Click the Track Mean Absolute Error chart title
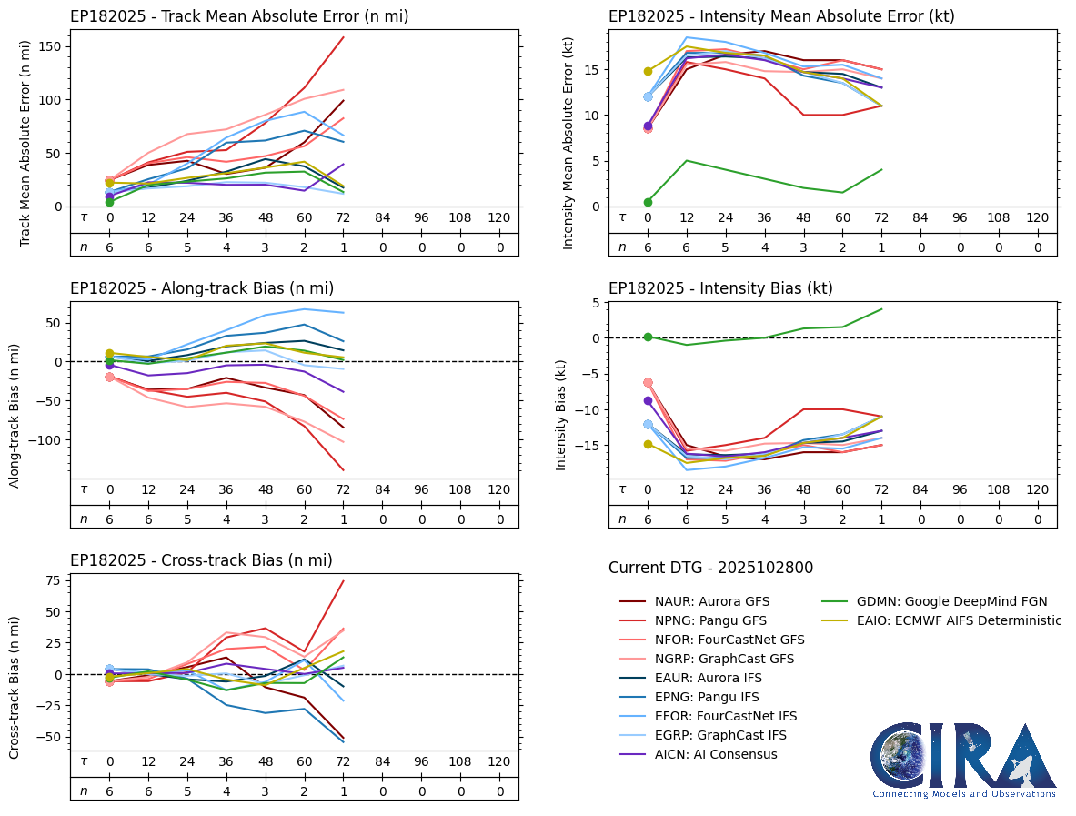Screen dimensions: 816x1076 tap(239, 16)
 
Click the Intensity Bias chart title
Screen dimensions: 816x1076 tap(720, 288)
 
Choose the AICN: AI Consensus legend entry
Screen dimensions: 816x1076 tap(716, 754)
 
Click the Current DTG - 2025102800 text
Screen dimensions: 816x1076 tap(710, 568)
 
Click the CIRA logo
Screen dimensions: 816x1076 tap(963, 761)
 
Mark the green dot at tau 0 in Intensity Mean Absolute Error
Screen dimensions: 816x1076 tap(648, 202)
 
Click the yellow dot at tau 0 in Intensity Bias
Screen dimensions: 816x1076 tap(648, 444)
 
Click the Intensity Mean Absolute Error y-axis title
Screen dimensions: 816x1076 tap(568, 137)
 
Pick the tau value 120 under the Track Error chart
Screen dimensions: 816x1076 tap(498, 218)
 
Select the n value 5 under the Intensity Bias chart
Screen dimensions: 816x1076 tap(726, 519)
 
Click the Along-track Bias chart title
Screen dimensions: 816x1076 tap(202, 288)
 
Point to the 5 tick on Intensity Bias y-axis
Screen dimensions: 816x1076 tap(592, 302)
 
